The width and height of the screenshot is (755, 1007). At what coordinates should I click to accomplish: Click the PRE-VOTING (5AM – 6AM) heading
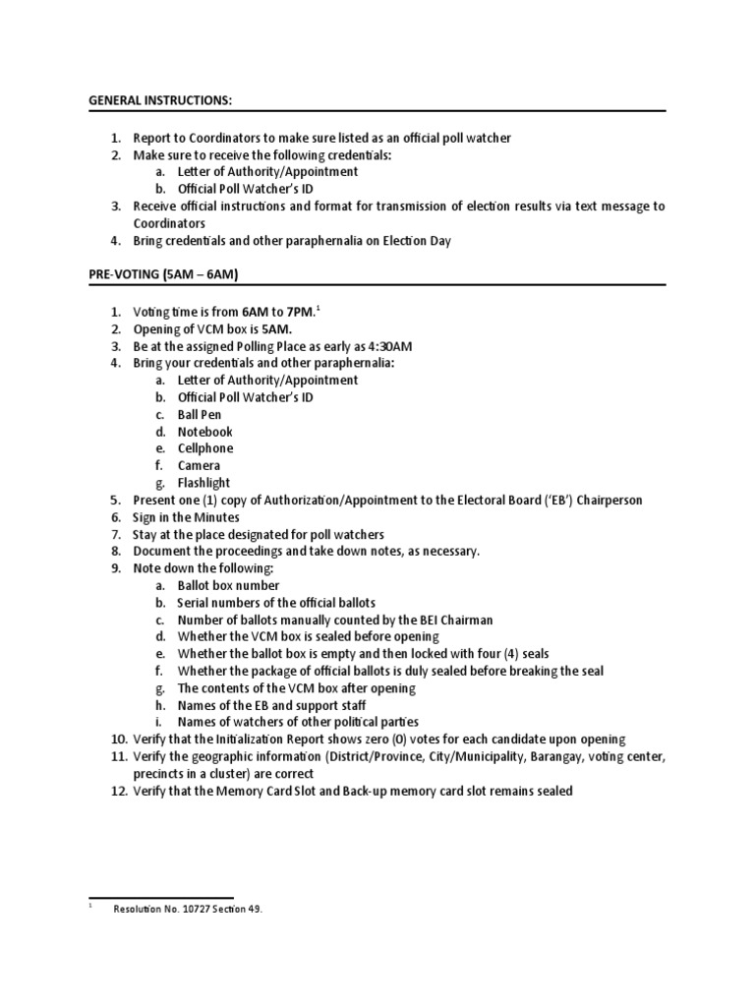point(157,275)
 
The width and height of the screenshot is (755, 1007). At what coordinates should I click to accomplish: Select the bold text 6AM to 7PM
point(279,312)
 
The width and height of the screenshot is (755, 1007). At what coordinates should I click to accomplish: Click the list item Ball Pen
point(200,415)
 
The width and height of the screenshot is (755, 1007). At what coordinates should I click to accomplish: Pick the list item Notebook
point(204,432)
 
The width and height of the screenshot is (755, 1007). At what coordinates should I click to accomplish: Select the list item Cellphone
point(205,448)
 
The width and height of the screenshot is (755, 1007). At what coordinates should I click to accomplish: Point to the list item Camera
point(199,465)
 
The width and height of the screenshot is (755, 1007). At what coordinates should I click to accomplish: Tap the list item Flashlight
point(203,483)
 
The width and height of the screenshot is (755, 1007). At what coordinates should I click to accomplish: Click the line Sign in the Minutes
point(186,517)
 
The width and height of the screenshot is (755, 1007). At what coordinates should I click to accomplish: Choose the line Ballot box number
point(228,585)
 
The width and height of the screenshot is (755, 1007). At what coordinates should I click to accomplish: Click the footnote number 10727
point(192,910)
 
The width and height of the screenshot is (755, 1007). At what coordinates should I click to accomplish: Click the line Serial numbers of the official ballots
point(276,602)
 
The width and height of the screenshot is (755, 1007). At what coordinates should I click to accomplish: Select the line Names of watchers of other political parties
point(292,722)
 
